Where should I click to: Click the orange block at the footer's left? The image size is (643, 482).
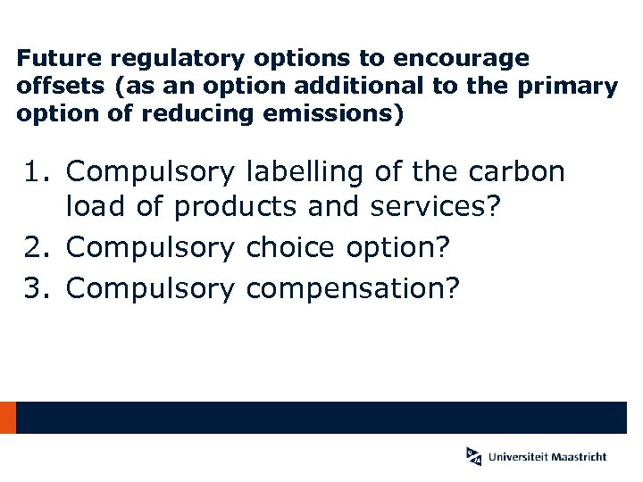click(8, 418)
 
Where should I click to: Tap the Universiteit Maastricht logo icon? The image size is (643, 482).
click(473, 455)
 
